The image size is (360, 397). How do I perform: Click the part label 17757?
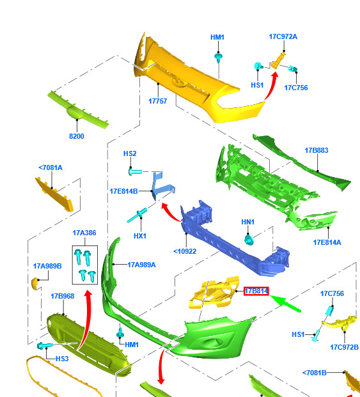coord(157,101)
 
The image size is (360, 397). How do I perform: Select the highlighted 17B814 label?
coord(256,291)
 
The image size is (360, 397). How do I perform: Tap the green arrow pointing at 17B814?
coord(285,303)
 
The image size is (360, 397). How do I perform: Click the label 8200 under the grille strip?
coord(77,136)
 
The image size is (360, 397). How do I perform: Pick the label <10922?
coord(185,251)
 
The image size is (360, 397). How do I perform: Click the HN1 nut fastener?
coord(249,240)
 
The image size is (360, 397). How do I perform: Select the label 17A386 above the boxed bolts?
coord(84,233)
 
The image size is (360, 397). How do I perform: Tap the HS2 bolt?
coord(135,172)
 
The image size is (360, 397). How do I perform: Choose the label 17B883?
coord(317,150)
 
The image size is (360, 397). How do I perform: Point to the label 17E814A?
coord(327,242)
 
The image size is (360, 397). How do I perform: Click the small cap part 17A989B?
coord(35,283)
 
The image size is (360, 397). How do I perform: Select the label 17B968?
coord(63,296)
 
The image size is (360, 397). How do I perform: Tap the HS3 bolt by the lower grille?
coord(45,346)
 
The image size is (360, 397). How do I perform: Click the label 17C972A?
coord(283,36)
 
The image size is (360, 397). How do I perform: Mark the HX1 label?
coord(140,236)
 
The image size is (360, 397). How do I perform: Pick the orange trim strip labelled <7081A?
coord(54,194)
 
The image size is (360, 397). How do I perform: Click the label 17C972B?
coord(344,347)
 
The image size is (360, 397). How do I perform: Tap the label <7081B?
coord(315,373)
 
